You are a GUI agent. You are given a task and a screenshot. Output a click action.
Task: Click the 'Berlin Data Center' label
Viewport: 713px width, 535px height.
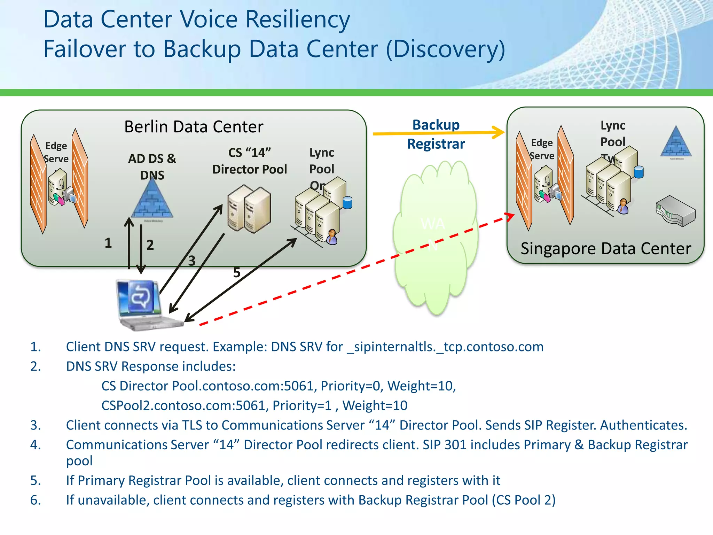(x=194, y=127)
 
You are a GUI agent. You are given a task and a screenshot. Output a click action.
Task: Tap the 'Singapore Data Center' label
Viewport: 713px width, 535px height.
(x=605, y=249)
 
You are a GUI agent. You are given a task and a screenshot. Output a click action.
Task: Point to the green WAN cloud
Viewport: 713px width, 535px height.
(x=435, y=237)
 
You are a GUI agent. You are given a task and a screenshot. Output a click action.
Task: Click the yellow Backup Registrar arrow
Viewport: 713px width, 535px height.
(x=439, y=133)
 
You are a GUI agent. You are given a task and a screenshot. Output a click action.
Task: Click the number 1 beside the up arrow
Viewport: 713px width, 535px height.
(x=108, y=243)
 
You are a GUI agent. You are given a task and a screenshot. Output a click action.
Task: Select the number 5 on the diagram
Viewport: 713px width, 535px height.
(x=237, y=273)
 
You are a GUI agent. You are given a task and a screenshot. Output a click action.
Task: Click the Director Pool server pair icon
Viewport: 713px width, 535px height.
(x=249, y=209)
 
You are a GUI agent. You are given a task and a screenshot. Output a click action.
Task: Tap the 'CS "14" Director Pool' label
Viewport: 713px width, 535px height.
(x=249, y=161)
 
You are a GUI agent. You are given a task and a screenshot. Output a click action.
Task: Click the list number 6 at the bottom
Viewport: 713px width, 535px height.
(x=35, y=500)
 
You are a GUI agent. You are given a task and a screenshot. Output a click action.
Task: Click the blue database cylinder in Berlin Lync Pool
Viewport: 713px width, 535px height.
(x=347, y=202)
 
